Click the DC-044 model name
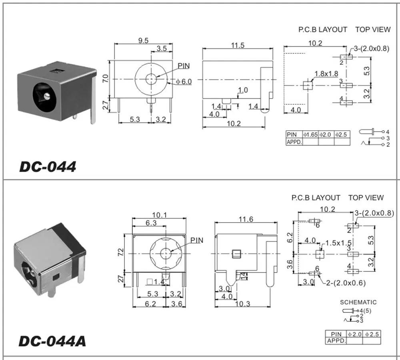point(48,167)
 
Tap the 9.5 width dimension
point(143,40)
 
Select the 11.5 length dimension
point(237,45)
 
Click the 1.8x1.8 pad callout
point(326,74)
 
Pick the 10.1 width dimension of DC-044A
point(159,215)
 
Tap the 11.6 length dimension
point(245,219)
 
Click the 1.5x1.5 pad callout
point(338,243)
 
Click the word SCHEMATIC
point(358,302)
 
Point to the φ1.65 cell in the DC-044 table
point(310,135)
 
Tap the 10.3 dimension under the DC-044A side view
point(242,304)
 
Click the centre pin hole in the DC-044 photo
point(47,96)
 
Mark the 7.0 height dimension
point(105,78)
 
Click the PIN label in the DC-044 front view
point(184,66)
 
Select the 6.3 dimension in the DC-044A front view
point(151,223)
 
